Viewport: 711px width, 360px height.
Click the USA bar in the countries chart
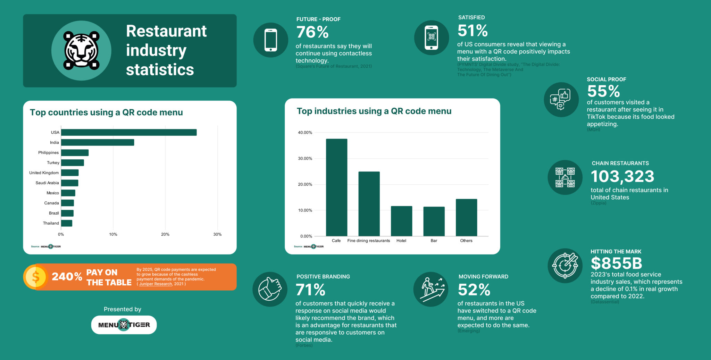pyautogui.click(x=128, y=132)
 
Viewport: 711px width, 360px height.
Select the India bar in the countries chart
pyautogui.click(x=97, y=142)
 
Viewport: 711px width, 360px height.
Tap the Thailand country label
pyautogui.click(x=51, y=223)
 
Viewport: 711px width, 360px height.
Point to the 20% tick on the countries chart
pyautogui.click(x=165, y=234)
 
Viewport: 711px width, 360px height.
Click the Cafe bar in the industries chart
pyautogui.click(x=336, y=187)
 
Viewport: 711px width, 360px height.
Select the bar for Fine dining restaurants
pyautogui.click(x=369, y=204)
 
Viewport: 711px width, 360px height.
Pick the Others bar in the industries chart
pyautogui.click(x=466, y=217)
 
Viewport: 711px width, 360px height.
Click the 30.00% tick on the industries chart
pyautogui.click(x=305, y=159)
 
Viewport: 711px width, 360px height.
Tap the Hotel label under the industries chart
pyautogui.click(x=401, y=241)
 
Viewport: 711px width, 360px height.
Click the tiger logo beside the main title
pyautogui.click(x=81, y=51)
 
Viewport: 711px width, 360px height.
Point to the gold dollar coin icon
pyautogui.click(x=35, y=277)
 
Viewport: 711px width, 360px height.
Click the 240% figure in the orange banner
pyautogui.click(x=67, y=277)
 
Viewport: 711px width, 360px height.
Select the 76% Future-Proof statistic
pyautogui.click(x=312, y=32)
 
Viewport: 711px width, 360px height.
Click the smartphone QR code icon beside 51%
pyautogui.click(x=431, y=37)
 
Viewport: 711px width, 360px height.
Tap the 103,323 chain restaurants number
pyautogui.click(x=622, y=176)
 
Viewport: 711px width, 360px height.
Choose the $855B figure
pyautogui.click(x=616, y=263)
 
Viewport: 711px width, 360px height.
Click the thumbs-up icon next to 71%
pyautogui.click(x=270, y=289)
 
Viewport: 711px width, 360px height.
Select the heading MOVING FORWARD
pyautogui.click(x=483, y=277)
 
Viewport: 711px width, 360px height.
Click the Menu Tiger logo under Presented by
pyautogui.click(x=124, y=325)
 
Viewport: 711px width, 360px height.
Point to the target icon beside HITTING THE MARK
pyautogui.click(x=565, y=266)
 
